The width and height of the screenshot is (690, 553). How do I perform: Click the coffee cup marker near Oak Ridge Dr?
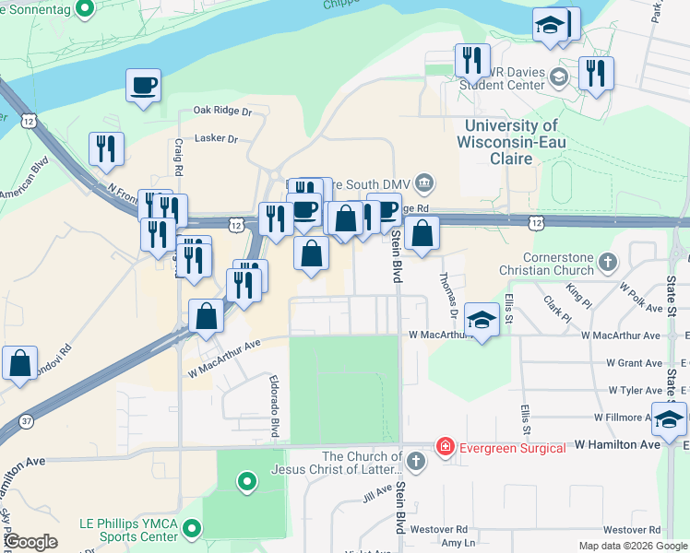(x=143, y=87)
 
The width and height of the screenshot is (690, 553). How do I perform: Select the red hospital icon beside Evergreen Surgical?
(x=446, y=447)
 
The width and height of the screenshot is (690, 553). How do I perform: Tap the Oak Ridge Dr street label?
(x=222, y=111)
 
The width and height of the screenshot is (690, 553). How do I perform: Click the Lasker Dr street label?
(x=217, y=139)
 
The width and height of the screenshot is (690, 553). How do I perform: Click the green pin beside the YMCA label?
(x=192, y=528)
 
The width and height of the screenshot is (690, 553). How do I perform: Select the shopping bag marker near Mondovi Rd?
(x=20, y=364)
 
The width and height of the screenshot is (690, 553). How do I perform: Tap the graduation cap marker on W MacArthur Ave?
(x=481, y=320)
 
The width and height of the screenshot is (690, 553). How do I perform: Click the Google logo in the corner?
(x=30, y=542)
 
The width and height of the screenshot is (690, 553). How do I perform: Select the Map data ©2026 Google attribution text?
(x=632, y=546)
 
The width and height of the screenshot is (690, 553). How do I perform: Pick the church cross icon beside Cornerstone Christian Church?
(x=607, y=264)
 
